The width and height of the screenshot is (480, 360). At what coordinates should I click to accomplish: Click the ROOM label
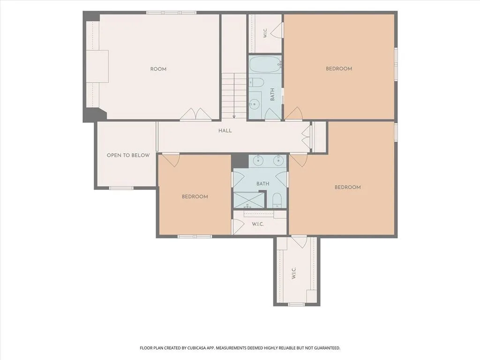158,69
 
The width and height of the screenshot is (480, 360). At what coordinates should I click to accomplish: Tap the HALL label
225,131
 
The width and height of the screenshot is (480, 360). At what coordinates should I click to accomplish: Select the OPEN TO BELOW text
128,156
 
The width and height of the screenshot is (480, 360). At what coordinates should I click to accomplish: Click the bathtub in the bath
265,65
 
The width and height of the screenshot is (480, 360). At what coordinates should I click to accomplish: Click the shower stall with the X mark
249,200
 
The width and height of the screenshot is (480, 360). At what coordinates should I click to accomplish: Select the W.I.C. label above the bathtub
265,33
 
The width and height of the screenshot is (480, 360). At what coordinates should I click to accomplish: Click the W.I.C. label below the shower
258,224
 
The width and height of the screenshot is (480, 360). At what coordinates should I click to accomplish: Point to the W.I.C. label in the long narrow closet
293,273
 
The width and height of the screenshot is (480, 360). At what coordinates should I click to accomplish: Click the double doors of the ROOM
196,114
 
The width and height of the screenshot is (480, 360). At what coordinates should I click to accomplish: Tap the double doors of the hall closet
307,137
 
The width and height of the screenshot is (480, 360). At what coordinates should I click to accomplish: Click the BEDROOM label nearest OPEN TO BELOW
195,196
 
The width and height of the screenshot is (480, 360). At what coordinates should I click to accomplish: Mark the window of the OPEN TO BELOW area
121,187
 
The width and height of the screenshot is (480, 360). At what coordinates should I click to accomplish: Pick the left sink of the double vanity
259,160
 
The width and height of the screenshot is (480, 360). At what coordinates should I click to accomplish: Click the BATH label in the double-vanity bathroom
262,184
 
